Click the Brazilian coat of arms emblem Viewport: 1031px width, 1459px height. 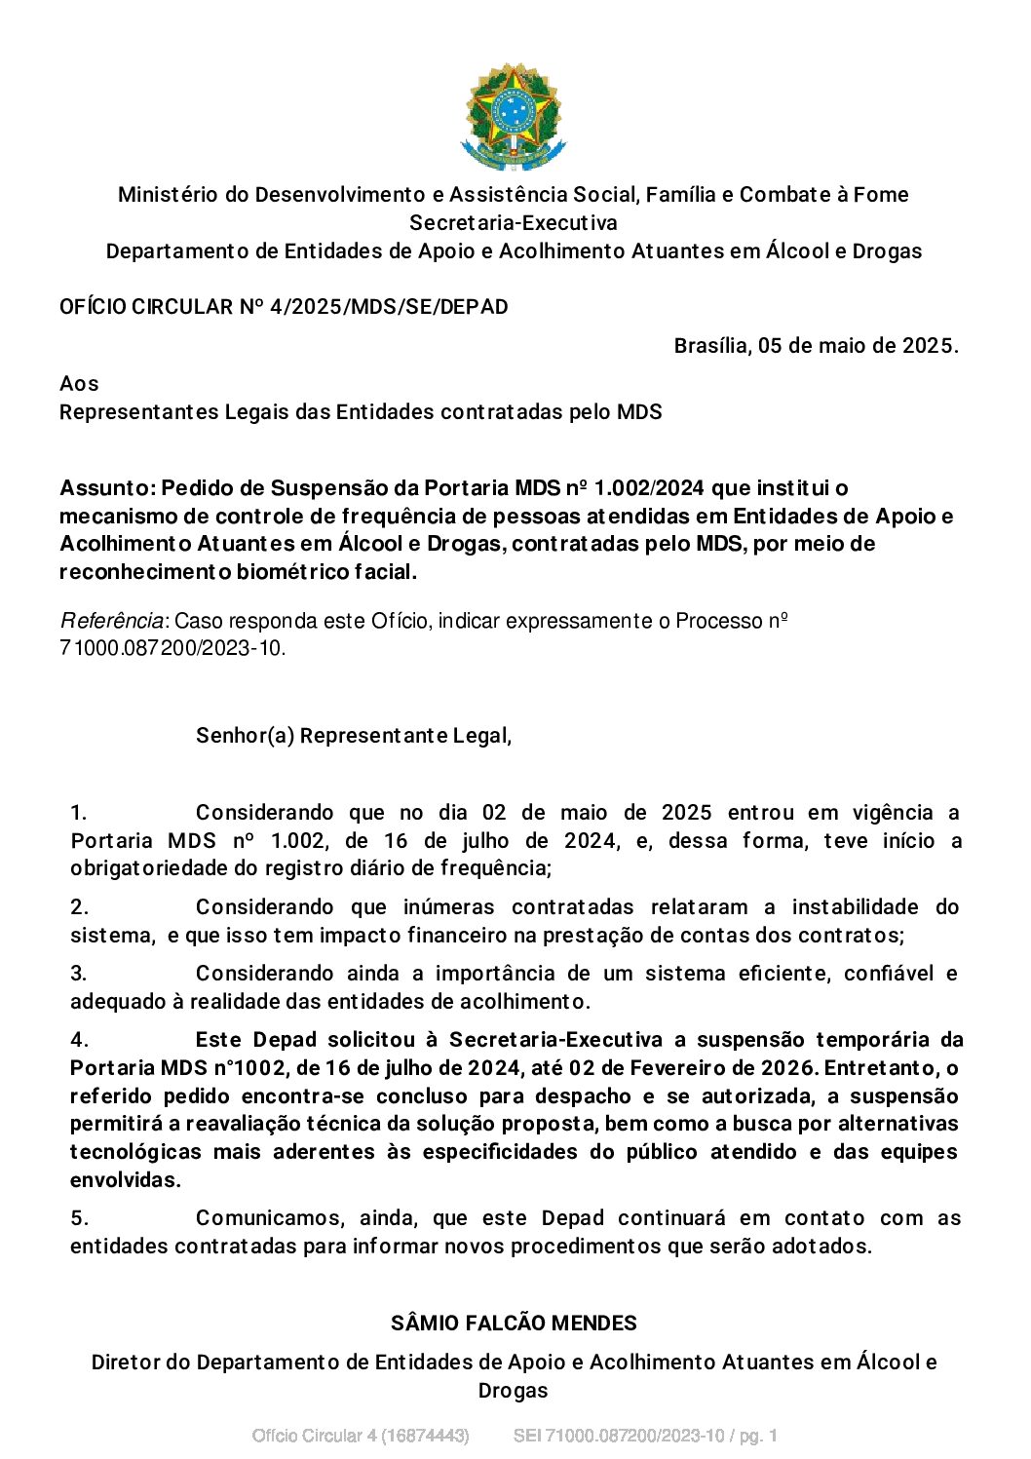pos(513,117)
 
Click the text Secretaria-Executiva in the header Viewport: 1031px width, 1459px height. pos(513,222)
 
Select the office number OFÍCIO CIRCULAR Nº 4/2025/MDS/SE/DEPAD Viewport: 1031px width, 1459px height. pos(284,307)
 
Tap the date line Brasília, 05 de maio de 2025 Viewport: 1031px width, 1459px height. pos(816,346)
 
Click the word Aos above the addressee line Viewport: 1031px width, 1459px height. pos(79,383)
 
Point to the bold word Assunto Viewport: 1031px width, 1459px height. pos(106,487)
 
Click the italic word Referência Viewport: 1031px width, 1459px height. pos(112,621)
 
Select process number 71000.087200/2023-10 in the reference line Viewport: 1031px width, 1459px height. pos(172,648)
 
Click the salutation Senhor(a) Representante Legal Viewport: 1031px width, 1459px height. pos(353,735)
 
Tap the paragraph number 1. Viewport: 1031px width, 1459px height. pos(79,813)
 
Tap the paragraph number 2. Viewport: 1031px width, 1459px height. pos(79,907)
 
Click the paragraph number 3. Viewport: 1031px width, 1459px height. pos(79,973)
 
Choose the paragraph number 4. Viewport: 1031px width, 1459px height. pos(79,1040)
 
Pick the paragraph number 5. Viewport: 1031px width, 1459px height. pos(79,1218)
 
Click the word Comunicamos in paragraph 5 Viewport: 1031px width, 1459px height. pos(269,1218)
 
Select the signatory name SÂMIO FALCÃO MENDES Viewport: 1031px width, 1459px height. pos(514,1324)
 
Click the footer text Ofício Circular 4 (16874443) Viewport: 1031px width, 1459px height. pos(361,1436)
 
